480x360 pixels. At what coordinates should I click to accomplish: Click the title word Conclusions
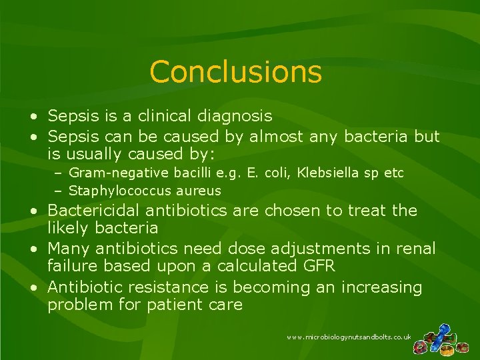(x=235, y=72)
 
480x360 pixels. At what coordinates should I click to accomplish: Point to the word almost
(x=277, y=137)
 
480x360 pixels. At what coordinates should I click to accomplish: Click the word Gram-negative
(x=120, y=173)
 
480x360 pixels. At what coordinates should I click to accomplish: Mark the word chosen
(x=289, y=211)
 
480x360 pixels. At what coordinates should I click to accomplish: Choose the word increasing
(x=381, y=288)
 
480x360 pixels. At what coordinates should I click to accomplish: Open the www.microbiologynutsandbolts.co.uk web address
(x=349, y=338)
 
